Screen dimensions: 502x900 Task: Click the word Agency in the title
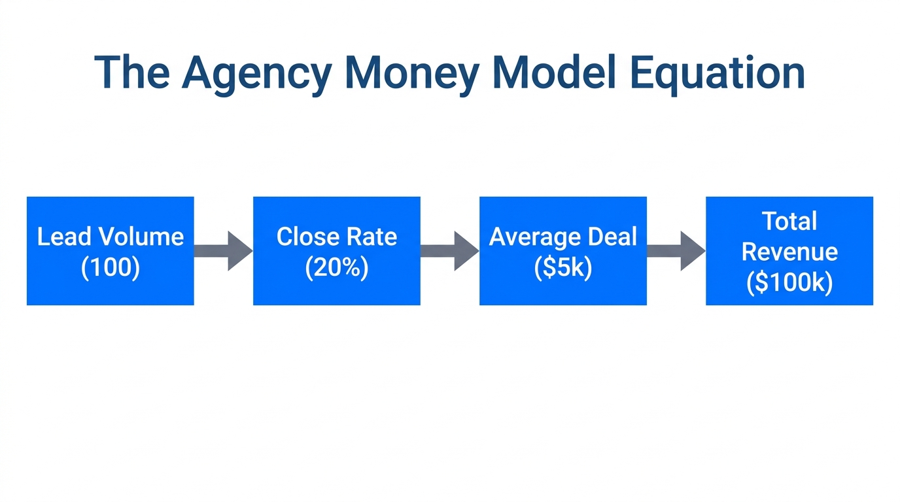pos(256,73)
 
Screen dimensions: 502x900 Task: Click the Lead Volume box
pos(110,251)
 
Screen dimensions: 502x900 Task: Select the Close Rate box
pos(336,251)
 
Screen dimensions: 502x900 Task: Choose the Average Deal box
pos(562,251)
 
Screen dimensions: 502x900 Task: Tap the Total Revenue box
pos(789,251)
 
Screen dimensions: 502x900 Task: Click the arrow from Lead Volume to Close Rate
pos(223,250)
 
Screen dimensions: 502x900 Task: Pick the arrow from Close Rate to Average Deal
pos(449,250)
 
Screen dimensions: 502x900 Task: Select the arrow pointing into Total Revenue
pos(676,250)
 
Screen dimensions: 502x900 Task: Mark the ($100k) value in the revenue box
pos(789,283)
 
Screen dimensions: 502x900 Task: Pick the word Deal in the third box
pos(611,237)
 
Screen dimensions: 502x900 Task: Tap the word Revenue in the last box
pos(789,252)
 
